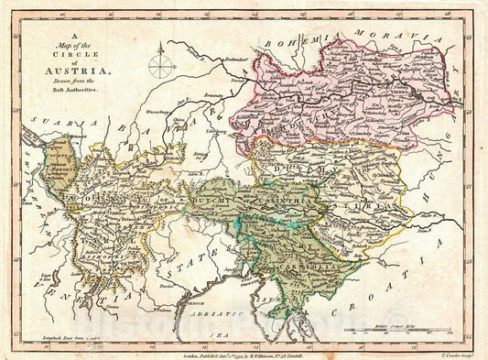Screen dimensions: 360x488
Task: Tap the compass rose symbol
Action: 161,66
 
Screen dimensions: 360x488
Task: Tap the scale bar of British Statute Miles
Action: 395,328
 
